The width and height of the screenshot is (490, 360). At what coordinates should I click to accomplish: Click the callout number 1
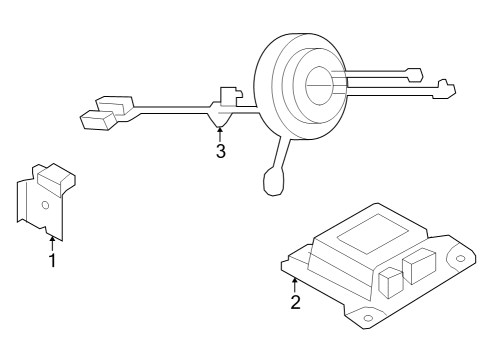click(x=52, y=261)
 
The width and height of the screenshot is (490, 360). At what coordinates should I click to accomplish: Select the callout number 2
click(x=295, y=301)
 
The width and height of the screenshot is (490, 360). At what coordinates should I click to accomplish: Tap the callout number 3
click(x=220, y=151)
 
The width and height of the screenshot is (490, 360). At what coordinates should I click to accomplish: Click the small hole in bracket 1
click(x=44, y=205)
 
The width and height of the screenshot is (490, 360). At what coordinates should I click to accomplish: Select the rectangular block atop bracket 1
click(x=56, y=177)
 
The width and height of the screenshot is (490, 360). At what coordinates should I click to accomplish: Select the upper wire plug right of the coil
click(x=414, y=74)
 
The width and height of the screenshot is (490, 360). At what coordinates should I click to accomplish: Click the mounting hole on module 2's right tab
click(x=461, y=261)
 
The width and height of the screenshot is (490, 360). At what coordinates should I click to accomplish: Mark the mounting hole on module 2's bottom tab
click(x=368, y=319)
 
